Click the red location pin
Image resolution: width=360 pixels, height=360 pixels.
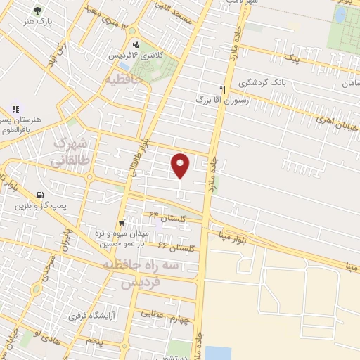pos(181,165)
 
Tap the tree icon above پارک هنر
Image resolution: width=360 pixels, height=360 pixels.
pos(37,11)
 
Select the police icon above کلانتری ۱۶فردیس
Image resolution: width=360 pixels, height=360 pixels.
pos(136,44)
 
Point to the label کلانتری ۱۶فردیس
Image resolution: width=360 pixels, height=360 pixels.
pos(139,55)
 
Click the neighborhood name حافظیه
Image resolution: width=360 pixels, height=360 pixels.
pos(124,79)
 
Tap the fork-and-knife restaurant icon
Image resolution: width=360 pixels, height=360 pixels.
pos(222,89)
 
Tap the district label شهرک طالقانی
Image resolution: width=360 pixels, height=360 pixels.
pos(70,153)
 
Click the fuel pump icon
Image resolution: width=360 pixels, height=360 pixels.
pos(40,195)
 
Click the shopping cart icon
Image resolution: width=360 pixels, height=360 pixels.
pos(122,223)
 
